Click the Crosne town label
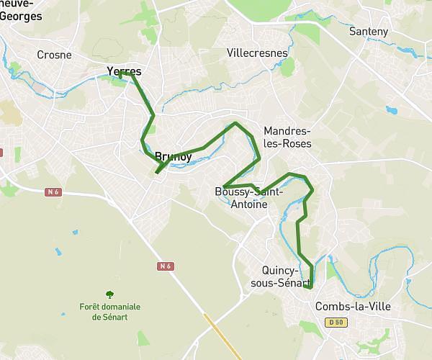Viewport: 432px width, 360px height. click(x=54, y=54)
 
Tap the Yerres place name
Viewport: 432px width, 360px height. click(x=123, y=71)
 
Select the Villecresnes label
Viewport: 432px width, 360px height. click(x=257, y=53)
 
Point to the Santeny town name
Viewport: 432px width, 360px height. click(x=368, y=32)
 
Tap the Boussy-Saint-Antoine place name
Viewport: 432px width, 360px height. click(x=249, y=198)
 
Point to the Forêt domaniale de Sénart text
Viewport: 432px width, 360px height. click(x=110, y=311)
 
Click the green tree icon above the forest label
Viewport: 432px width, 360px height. click(x=109, y=294)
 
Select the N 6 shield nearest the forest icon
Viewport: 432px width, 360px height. click(x=166, y=266)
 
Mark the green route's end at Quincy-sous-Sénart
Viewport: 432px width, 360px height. click(x=311, y=287)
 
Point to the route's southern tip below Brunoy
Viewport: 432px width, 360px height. click(x=156, y=173)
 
